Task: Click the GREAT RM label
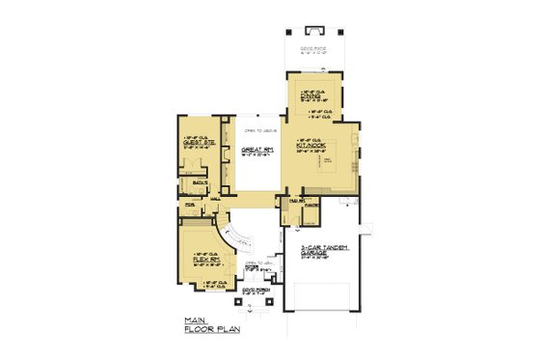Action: (x=253, y=150)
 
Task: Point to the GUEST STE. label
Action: (x=197, y=142)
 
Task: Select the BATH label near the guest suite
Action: (x=200, y=181)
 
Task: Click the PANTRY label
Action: (x=311, y=206)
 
